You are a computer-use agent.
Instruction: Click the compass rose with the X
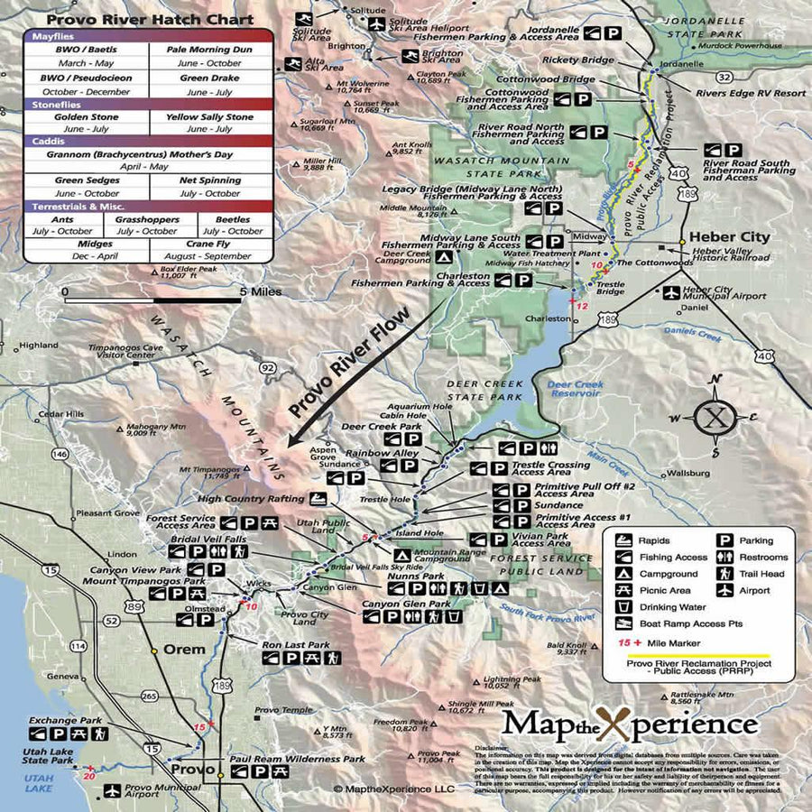pyautogui.click(x=715, y=416)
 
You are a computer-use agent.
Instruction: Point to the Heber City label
pyautogui.click(x=730, y=237)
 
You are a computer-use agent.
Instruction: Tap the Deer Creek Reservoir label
pyautogui.click(x=575, y=388)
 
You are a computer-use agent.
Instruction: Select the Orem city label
pyautogui.click(x=165, y=649)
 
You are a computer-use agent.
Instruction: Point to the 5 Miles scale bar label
pyautogui.click(x=260, y=292)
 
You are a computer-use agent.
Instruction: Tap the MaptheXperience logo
pyautogui.click(x=629, y=724)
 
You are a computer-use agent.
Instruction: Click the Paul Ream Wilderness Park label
pyautogui.click(x=297, y=760)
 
